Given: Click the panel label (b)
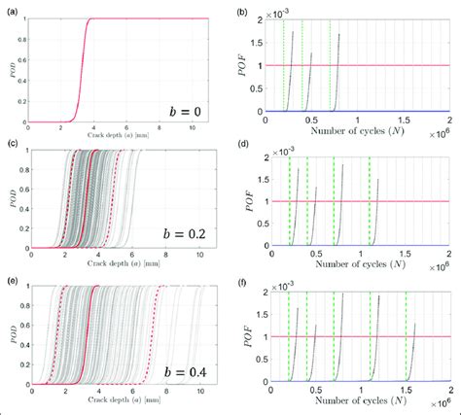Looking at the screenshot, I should click(244, 9).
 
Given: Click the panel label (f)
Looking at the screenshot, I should click(244, 281).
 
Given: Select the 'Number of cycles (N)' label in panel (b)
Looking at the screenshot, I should click(355, 129).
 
